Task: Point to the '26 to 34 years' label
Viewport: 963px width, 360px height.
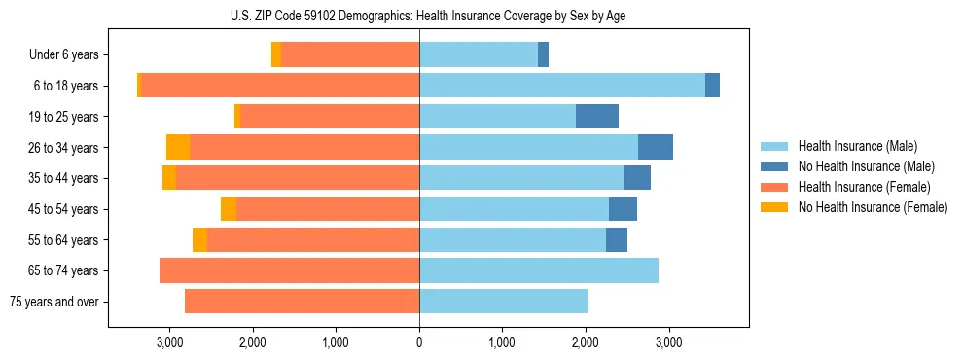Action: click(64, 148)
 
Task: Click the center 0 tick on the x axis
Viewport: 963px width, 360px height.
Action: click(419, 342)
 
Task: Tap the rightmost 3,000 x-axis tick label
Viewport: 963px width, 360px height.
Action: click(668, 342)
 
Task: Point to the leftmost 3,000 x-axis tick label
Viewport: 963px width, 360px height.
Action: click(170, 342)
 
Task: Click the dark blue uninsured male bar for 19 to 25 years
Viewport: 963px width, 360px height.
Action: click(597, 117)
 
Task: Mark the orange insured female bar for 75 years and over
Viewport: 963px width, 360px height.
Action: click(302, 302)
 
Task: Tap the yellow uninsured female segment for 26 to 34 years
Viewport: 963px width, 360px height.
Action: click(178, 147)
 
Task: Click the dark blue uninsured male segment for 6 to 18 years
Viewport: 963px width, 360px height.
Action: click(712, 86)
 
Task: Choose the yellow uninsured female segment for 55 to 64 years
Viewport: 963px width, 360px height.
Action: click(199, 240)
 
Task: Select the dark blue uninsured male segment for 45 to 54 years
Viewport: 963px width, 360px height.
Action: click(623, 209)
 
